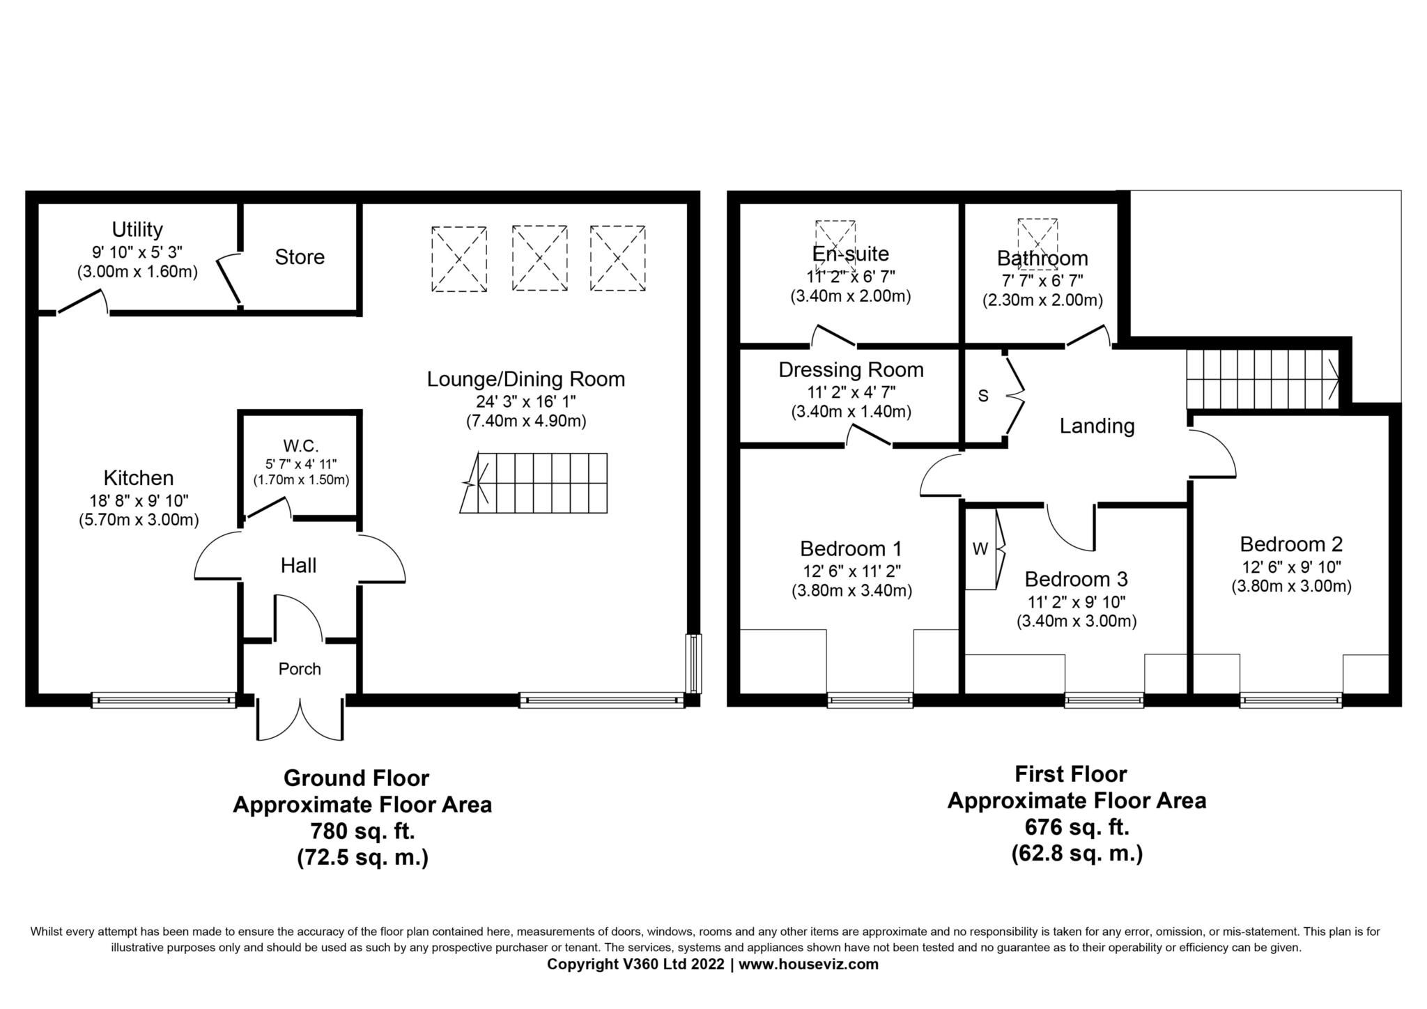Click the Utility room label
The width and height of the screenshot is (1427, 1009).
point(137,229)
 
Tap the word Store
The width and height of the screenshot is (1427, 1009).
point(300,257)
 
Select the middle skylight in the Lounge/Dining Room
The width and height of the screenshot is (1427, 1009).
point(539,258)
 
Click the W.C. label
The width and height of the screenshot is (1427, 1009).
point(300,445)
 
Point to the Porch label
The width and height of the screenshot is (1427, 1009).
point(300,669)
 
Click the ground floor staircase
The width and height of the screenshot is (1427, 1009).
point(534,483)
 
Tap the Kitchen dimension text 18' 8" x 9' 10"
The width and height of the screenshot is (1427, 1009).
point(139,500)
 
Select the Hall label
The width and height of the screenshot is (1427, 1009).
point(298,565)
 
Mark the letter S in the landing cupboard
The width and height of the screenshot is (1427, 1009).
point(983,396)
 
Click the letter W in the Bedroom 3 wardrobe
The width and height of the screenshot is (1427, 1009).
point(980,549)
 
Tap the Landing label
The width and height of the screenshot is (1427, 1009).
point(1097,426)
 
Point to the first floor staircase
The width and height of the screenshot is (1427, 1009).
point(1262,379)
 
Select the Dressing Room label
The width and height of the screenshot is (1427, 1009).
point(851,370)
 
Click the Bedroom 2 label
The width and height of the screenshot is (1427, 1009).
point(1290,544)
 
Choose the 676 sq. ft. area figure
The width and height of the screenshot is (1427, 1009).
point(1077,827)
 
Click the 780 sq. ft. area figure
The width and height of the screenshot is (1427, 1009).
point(362,831)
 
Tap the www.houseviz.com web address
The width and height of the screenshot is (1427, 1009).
point(808,964)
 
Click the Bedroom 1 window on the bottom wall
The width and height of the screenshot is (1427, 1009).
point(870,700)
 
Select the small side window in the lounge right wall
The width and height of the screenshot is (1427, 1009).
point(693,663)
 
